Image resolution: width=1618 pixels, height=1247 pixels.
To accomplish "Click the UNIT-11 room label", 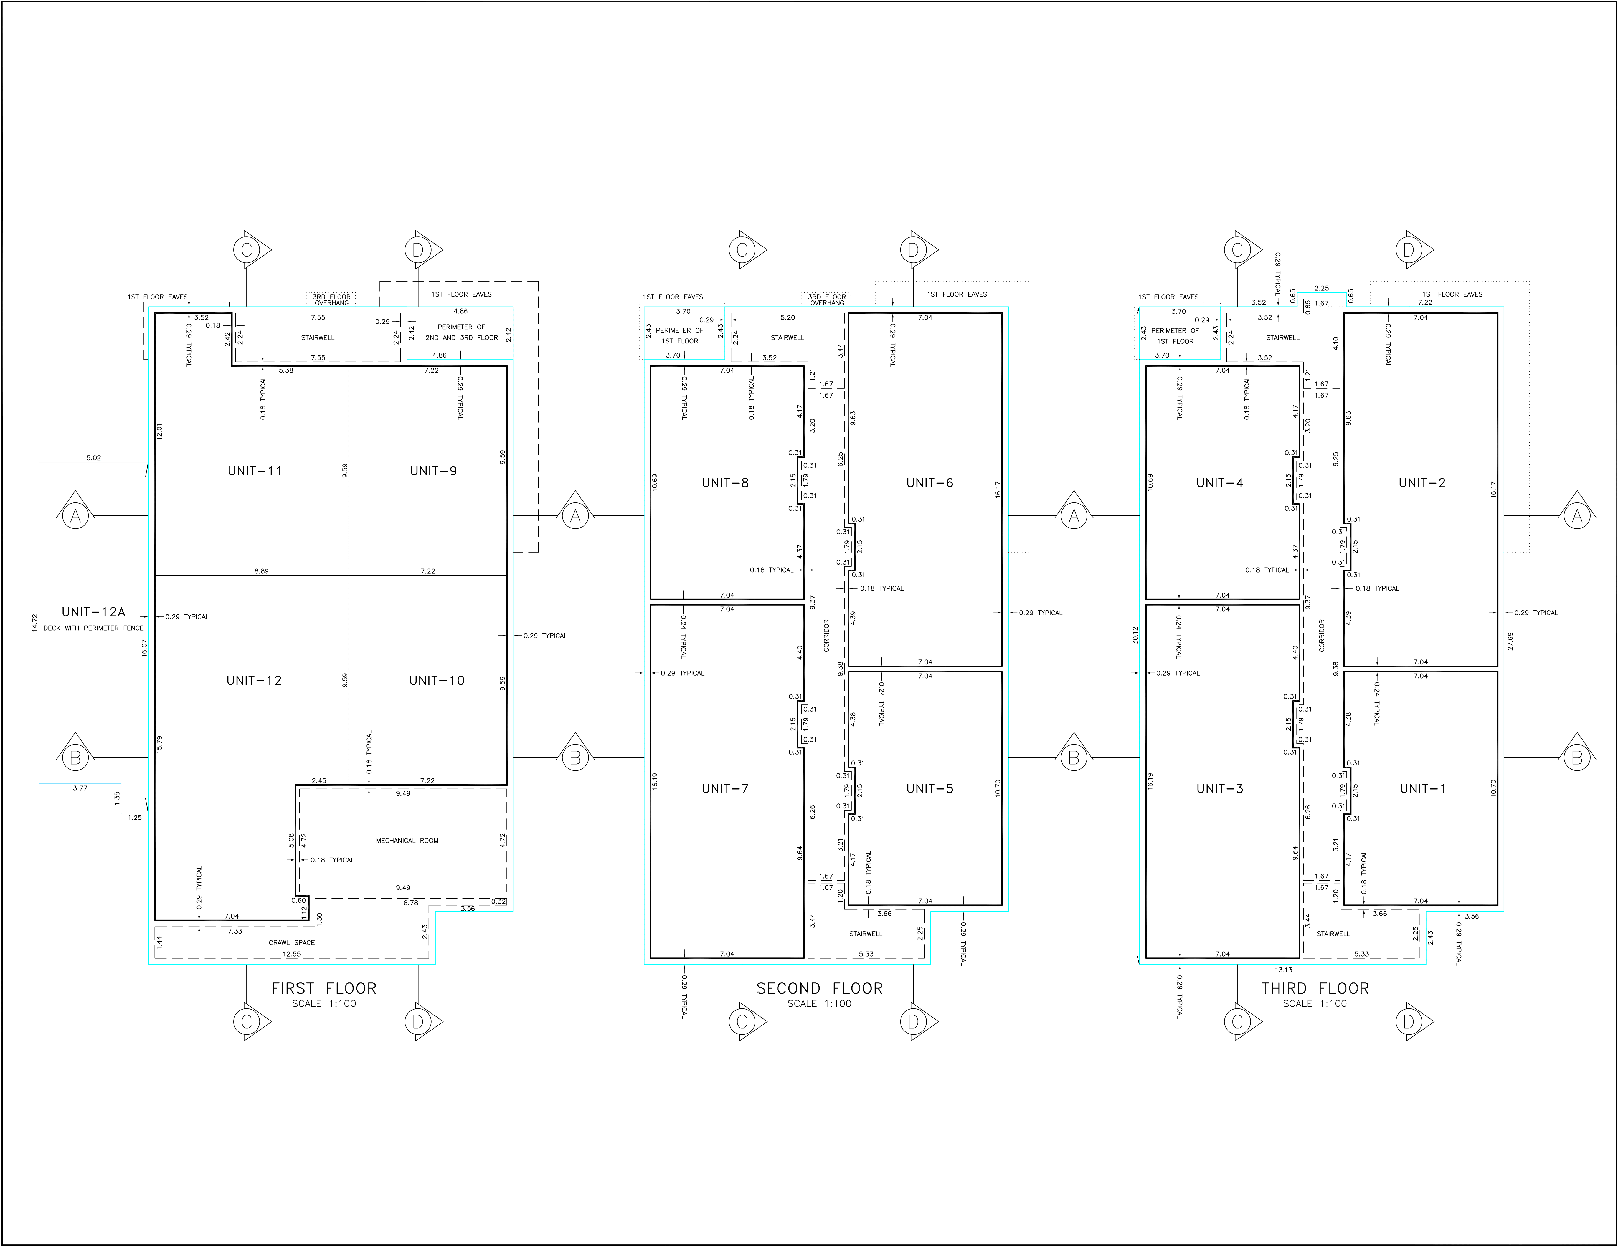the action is (255, 471).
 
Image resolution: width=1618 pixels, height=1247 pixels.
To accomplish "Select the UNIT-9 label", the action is (433, 471).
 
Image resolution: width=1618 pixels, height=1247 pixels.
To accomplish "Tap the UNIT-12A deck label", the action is (93, 612).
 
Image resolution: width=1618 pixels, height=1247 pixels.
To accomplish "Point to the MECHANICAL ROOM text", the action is (407, 841).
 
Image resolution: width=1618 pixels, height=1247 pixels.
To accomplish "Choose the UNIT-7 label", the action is (725, 789).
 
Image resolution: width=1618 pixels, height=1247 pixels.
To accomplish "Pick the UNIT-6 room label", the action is (930, 483).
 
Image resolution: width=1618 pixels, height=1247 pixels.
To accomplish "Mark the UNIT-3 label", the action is (1220, 789).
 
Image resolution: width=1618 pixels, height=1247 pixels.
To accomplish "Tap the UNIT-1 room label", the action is (1422, 789).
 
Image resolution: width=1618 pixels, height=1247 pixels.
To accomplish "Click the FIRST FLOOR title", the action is (324, 988).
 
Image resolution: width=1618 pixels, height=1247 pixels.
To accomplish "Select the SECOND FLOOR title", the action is (819, 988).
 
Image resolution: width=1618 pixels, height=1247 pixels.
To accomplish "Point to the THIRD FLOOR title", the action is (1315, 988).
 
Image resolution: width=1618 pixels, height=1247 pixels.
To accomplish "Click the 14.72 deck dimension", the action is (34, 622).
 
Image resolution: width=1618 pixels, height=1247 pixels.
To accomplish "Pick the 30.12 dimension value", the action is (1135, 635).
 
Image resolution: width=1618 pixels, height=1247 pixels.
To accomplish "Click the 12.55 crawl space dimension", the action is (292, 954).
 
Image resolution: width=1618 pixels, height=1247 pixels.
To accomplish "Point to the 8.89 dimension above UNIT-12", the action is (262, 571).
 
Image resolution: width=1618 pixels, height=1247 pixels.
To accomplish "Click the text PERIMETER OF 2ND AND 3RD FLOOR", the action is (461, 332).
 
